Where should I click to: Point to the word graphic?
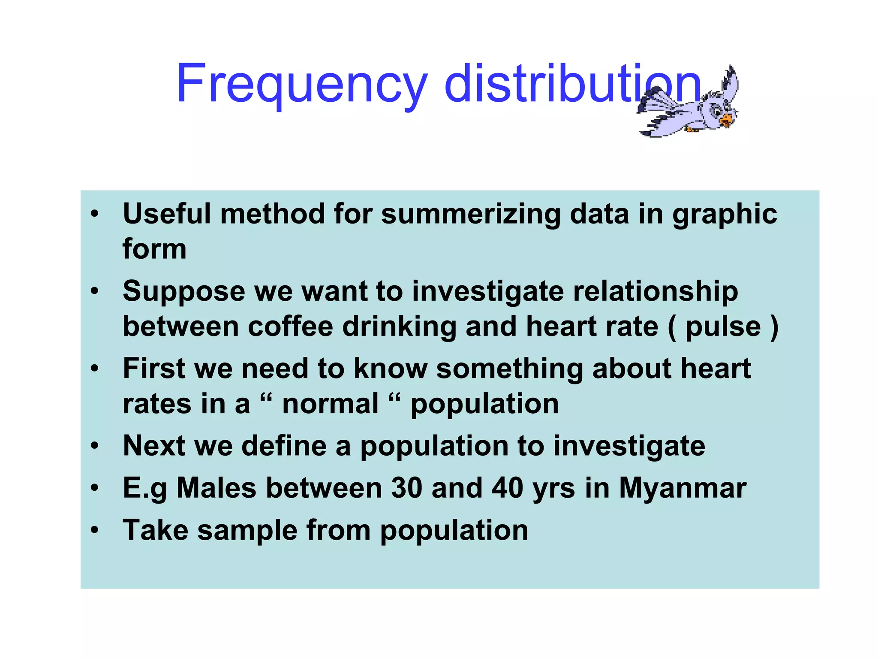coord(725,215)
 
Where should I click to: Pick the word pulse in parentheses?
coord(723,327)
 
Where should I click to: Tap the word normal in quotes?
coord(330,404)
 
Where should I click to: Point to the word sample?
coord(247,530)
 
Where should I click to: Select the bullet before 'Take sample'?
coord(95,530)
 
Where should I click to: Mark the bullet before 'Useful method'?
coord(95,214)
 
